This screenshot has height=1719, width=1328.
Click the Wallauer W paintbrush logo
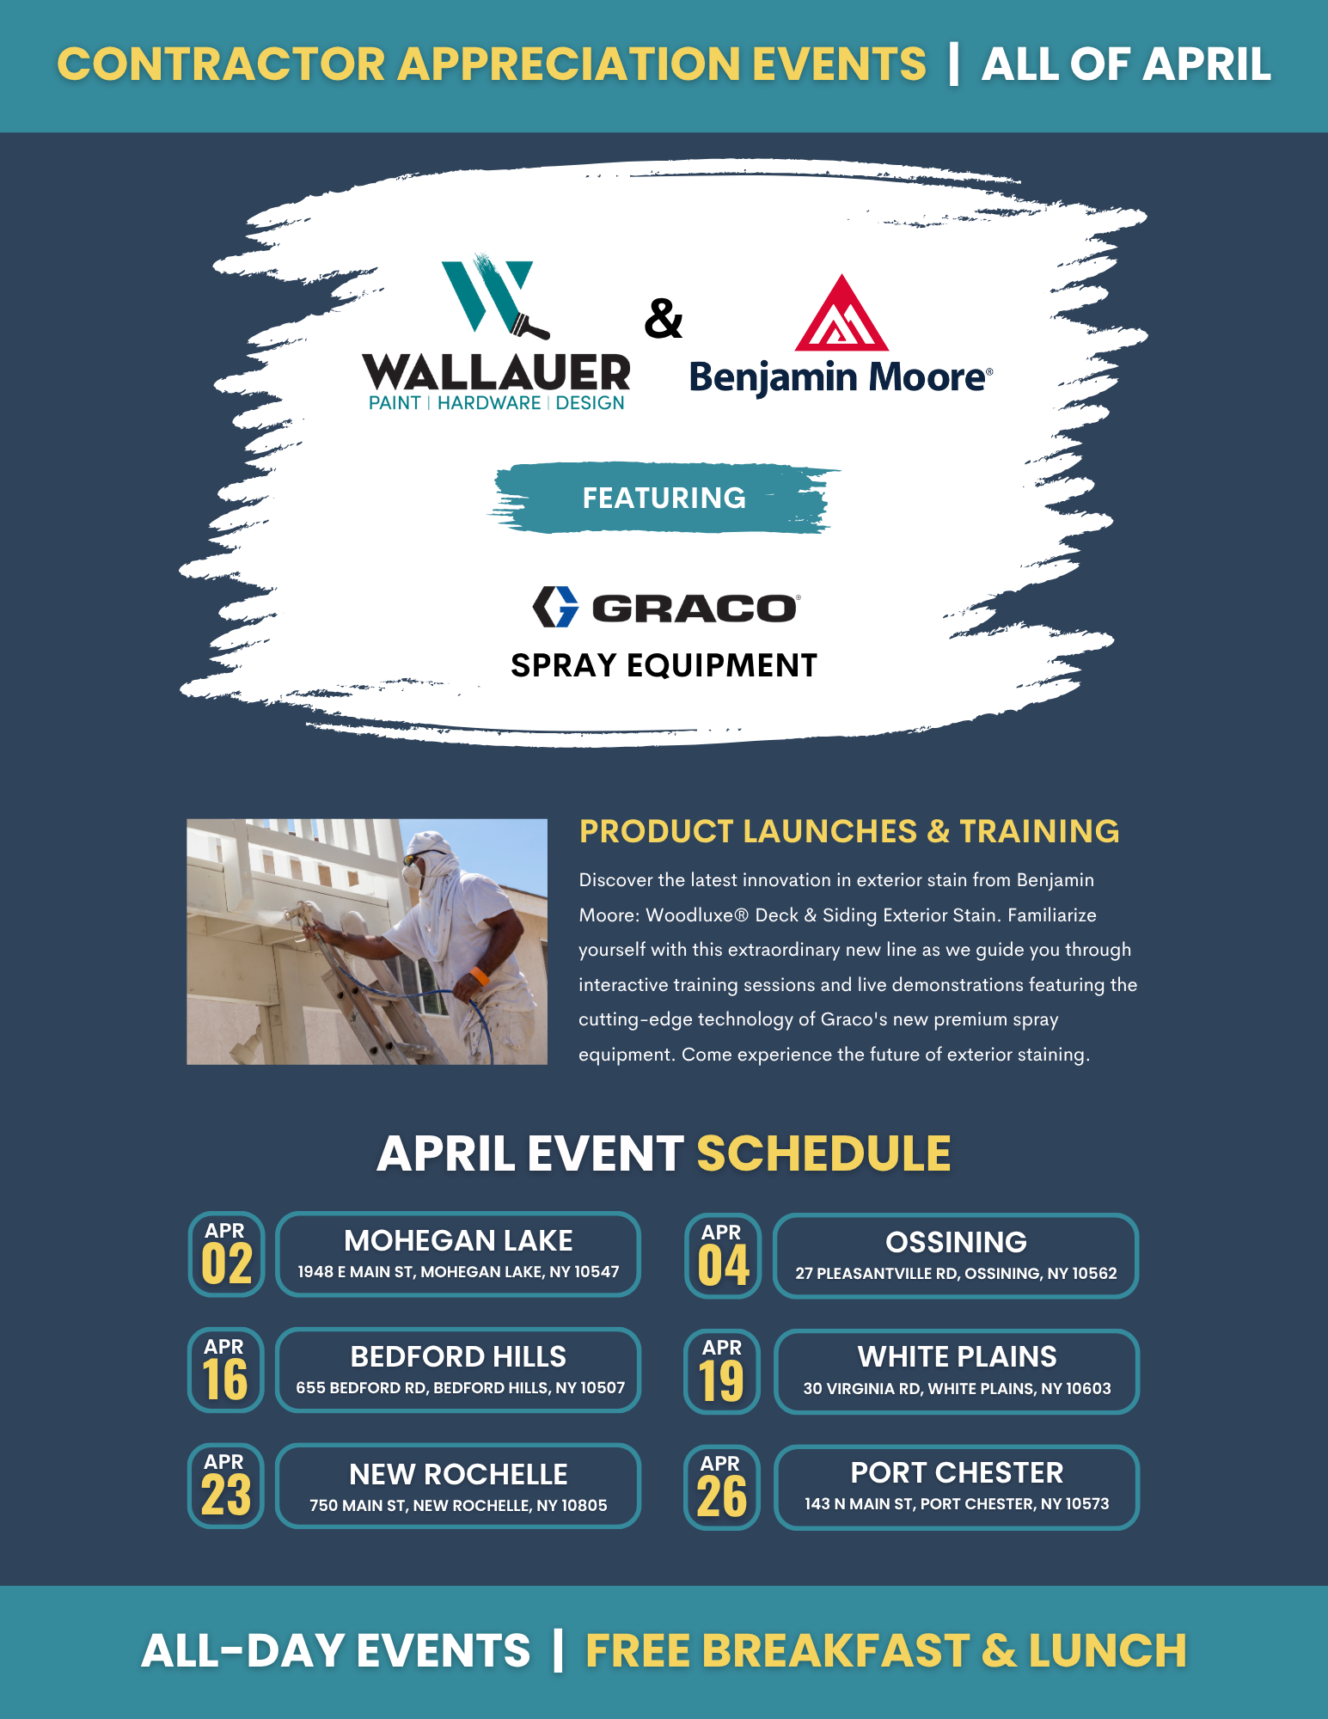493,297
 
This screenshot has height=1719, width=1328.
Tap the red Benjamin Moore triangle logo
841,314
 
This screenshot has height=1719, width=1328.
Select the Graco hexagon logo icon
555,607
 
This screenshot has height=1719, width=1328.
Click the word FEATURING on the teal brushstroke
664,498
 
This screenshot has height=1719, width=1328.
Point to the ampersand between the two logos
664,319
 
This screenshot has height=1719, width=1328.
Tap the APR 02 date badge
226,1254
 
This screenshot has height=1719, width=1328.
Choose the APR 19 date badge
722,1372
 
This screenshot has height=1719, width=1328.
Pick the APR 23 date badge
226,1486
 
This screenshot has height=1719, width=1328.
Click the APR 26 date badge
722,1488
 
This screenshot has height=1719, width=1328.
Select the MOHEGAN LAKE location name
458,1240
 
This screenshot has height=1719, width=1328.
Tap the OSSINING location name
956,1242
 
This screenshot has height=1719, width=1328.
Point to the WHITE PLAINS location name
957,1356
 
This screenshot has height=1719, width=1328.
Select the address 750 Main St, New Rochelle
458,1505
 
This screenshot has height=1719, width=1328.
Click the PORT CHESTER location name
957,1472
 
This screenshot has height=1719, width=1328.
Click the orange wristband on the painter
479,976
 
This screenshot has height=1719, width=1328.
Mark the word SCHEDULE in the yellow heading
823,1153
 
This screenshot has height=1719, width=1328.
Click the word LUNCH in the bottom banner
1107,1650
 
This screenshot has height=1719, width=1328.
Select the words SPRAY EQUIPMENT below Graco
664,665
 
